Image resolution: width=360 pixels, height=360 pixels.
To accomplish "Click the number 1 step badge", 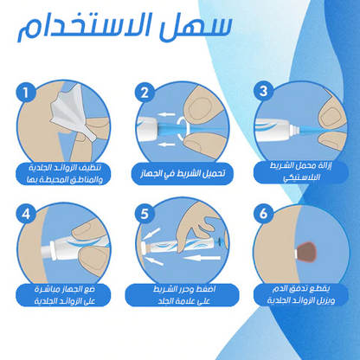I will [29, 91].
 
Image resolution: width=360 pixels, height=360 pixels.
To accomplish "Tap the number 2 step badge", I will [145, 91].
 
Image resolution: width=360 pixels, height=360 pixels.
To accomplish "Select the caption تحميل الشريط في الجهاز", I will [181, 172].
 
